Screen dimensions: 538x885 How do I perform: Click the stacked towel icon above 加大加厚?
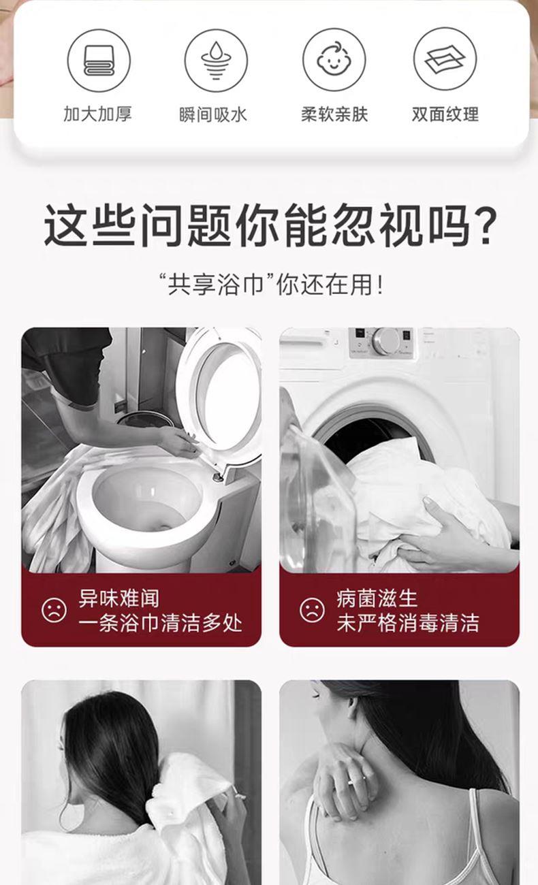coord(99,61)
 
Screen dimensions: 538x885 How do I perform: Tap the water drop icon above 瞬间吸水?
coord(216,61)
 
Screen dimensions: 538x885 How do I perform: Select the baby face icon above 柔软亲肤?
coord(334,60)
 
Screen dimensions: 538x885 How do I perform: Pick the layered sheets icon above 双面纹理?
coord(445,59)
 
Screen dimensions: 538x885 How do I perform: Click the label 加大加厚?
coord(97,114)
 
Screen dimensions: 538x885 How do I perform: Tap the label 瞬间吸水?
coord(213,115)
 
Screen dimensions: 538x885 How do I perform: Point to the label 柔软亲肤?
coord(334,114)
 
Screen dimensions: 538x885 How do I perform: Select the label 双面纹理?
coord(445,114)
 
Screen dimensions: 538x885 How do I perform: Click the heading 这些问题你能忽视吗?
coord(270,225)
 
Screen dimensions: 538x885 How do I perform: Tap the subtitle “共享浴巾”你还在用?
coord(270,285)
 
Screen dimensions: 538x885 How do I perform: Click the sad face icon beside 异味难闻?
coord(54,611)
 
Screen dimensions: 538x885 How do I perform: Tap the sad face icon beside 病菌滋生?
coord(312,610)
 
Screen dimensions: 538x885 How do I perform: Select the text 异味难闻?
coord(119,598)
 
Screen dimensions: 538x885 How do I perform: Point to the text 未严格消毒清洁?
coord(408,623)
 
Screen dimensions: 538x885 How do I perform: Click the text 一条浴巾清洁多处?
coord(160,623)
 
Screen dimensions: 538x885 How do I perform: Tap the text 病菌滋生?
coord(377,598)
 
